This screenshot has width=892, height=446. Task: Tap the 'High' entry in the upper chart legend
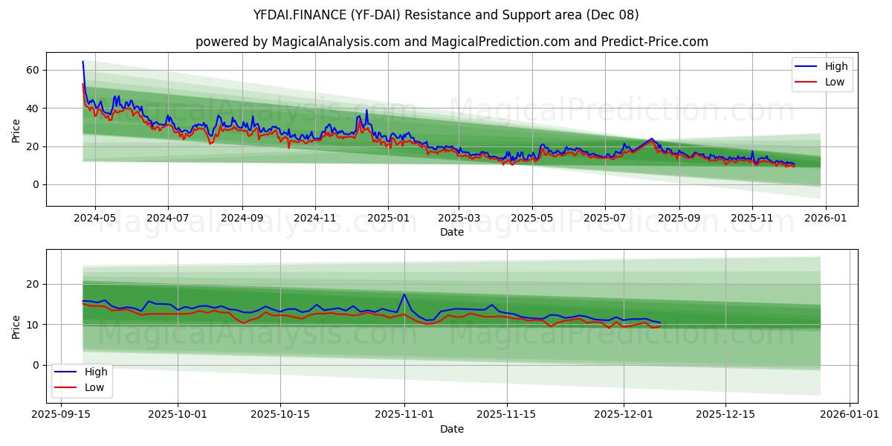tap(836, 67)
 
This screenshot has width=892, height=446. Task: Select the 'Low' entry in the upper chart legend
tap(835, 82)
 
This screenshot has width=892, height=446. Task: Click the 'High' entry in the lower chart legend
tap(95, 372)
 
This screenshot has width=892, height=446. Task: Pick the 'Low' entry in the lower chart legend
tap(94, 387)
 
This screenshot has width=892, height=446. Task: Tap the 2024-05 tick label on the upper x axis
tap(96, 219)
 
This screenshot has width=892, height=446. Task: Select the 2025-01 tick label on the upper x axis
tap(387, 219)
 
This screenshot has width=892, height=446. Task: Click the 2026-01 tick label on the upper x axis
tap(825, 219)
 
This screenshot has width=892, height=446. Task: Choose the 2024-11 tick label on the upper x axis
tap(315, 219)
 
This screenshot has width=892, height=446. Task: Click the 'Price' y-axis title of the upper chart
tap(16, 129)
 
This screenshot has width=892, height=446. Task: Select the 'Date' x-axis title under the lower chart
tap(451, 429)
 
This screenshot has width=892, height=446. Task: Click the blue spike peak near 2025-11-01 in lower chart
tap(404, 294)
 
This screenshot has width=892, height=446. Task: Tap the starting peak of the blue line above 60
tap(83, 62)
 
